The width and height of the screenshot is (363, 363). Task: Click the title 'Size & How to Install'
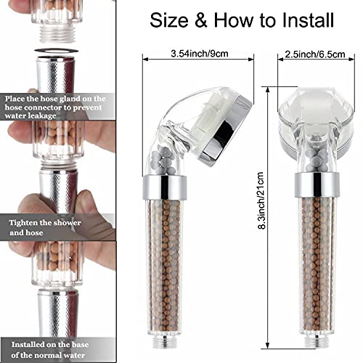coord(242,20)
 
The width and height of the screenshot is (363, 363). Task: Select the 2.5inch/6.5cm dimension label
coord(314,53)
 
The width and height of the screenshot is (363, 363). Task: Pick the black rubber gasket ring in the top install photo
coord(57,51)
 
